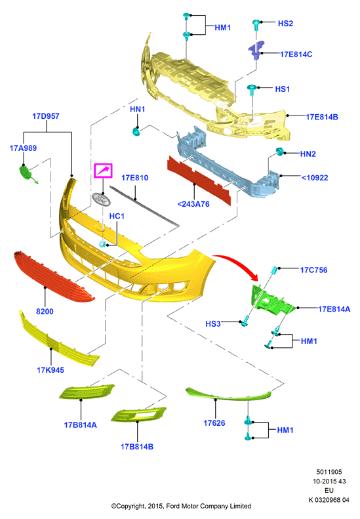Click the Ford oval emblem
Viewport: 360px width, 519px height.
[x=101, y=199]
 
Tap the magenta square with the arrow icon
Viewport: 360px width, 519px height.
[x=103, y=171]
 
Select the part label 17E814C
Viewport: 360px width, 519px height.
[x=296, y=54]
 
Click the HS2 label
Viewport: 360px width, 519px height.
[x=285, y=23]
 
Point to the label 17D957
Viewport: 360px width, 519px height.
[x=46, y=116]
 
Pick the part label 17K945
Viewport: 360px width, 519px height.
[x=50, y=370]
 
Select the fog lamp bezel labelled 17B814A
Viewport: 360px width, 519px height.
[x=87, y=392]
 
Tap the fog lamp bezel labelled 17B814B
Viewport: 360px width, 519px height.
[x=138, y=415]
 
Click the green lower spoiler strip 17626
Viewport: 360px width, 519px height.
[x=228, y=394]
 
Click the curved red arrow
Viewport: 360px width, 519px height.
[x=238, y=262]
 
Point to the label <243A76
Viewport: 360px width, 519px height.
[x=193, y=204]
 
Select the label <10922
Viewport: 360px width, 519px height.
[x=315, y=178]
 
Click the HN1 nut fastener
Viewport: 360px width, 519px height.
[x=136, y=132]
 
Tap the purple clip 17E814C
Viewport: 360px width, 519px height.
[x=256, y=50]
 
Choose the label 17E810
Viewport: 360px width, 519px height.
[x=134, y=178]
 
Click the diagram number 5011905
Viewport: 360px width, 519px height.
[x=329, y=472]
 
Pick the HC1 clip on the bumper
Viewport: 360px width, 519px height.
[x=103, y=244]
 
